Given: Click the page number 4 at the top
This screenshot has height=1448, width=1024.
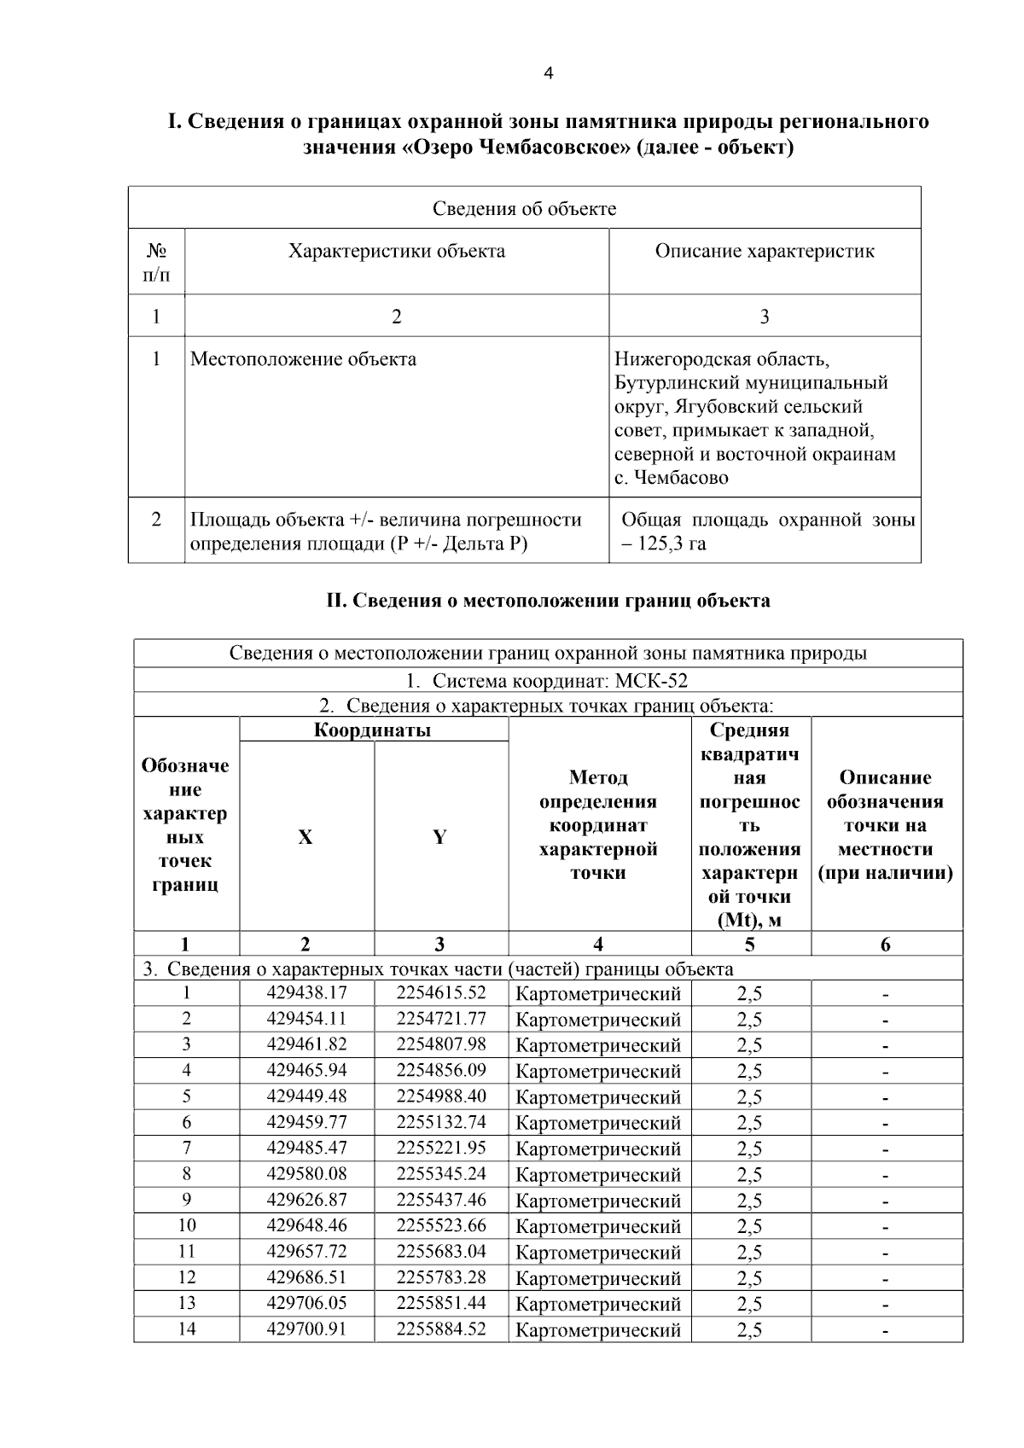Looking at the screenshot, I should click(548, 73).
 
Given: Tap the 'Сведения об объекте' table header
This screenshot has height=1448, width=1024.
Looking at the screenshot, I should click(524, 208).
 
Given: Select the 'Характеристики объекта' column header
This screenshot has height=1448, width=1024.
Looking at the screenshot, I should click(396, 251).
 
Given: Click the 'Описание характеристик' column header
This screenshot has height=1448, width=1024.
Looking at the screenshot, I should click(765, 251).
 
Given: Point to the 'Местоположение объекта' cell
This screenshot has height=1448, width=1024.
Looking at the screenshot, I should click(303, 358).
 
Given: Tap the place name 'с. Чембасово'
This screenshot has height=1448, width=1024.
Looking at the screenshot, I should click(671, 478).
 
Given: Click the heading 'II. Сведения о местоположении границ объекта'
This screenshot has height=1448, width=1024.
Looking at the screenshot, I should click(548, 600).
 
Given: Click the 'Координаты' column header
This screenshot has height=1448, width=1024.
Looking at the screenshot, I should click(373, 730).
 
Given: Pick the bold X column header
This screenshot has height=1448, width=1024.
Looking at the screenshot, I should click(305, 837).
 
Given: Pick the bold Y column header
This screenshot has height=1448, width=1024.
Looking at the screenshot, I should click(439, 837).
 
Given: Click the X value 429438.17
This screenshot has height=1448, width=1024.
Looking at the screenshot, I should click(306, 993).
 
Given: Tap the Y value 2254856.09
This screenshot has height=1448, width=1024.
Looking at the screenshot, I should click(440, 1070).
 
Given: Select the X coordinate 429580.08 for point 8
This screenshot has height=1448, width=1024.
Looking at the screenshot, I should click(306, 1174).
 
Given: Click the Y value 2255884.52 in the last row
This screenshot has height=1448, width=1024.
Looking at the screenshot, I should click(440, 1329).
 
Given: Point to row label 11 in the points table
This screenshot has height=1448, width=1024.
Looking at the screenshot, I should click(186, 1252).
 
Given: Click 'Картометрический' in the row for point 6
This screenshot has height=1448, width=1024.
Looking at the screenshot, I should click(598, 1123).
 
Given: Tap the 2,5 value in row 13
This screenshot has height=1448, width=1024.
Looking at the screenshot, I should click(749, 1304).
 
